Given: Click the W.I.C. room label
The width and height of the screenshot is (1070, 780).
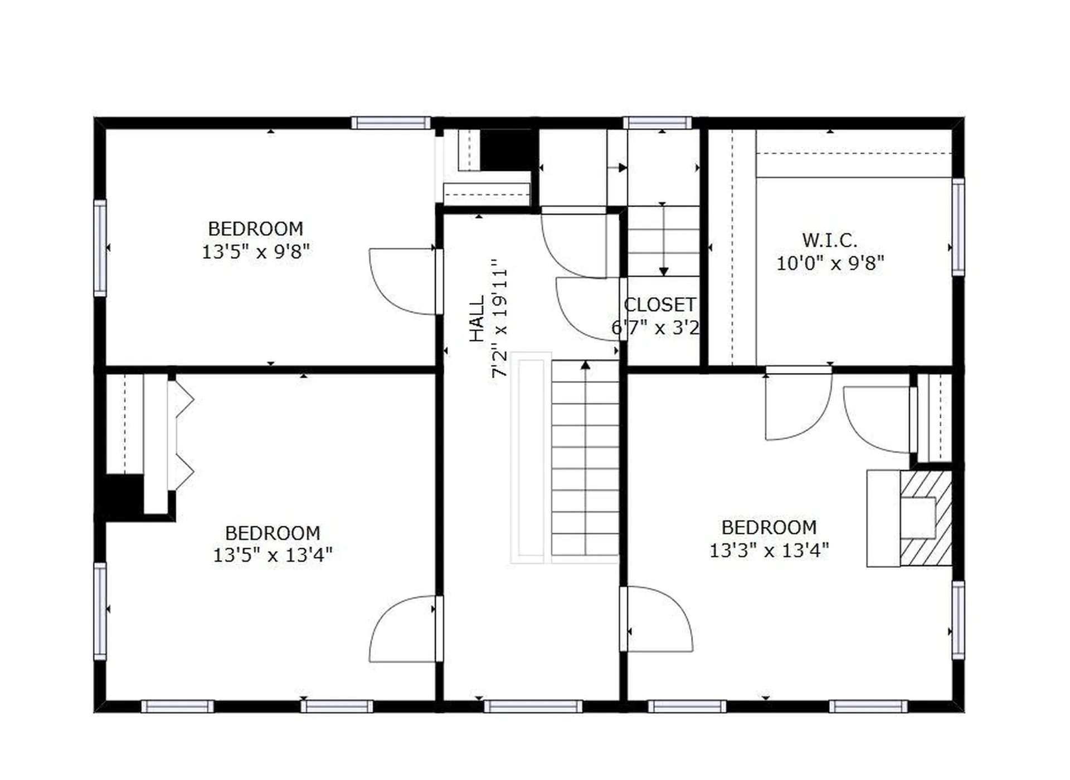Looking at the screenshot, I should (829, 241).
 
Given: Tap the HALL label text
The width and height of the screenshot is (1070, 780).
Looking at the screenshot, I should (477, 319).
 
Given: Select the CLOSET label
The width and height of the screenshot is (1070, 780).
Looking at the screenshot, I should (660, 305).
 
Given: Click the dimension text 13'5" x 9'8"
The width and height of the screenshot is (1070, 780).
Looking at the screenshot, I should (255, 252).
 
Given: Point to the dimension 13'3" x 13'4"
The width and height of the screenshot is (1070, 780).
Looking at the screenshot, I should (769, 551).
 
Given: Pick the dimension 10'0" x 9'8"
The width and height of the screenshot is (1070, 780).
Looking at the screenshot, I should (830, 263).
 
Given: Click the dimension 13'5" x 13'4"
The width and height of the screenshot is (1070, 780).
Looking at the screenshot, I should (273, 555).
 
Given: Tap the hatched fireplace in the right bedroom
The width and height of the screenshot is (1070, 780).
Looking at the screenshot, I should (926, 518).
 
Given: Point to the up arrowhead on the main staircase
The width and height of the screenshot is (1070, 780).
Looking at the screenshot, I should (585, 365).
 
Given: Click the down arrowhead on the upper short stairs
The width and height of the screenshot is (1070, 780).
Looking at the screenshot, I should (663, 272).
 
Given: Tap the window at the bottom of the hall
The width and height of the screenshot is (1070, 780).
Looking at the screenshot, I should (533, 707).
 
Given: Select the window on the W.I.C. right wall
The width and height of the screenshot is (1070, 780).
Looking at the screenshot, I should (958, 227).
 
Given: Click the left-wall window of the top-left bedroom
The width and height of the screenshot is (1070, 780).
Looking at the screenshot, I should (100, 248).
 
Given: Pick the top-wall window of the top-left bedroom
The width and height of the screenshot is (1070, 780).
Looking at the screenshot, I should (391, 122).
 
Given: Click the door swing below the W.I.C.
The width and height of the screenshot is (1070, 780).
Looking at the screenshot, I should (797, 404).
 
